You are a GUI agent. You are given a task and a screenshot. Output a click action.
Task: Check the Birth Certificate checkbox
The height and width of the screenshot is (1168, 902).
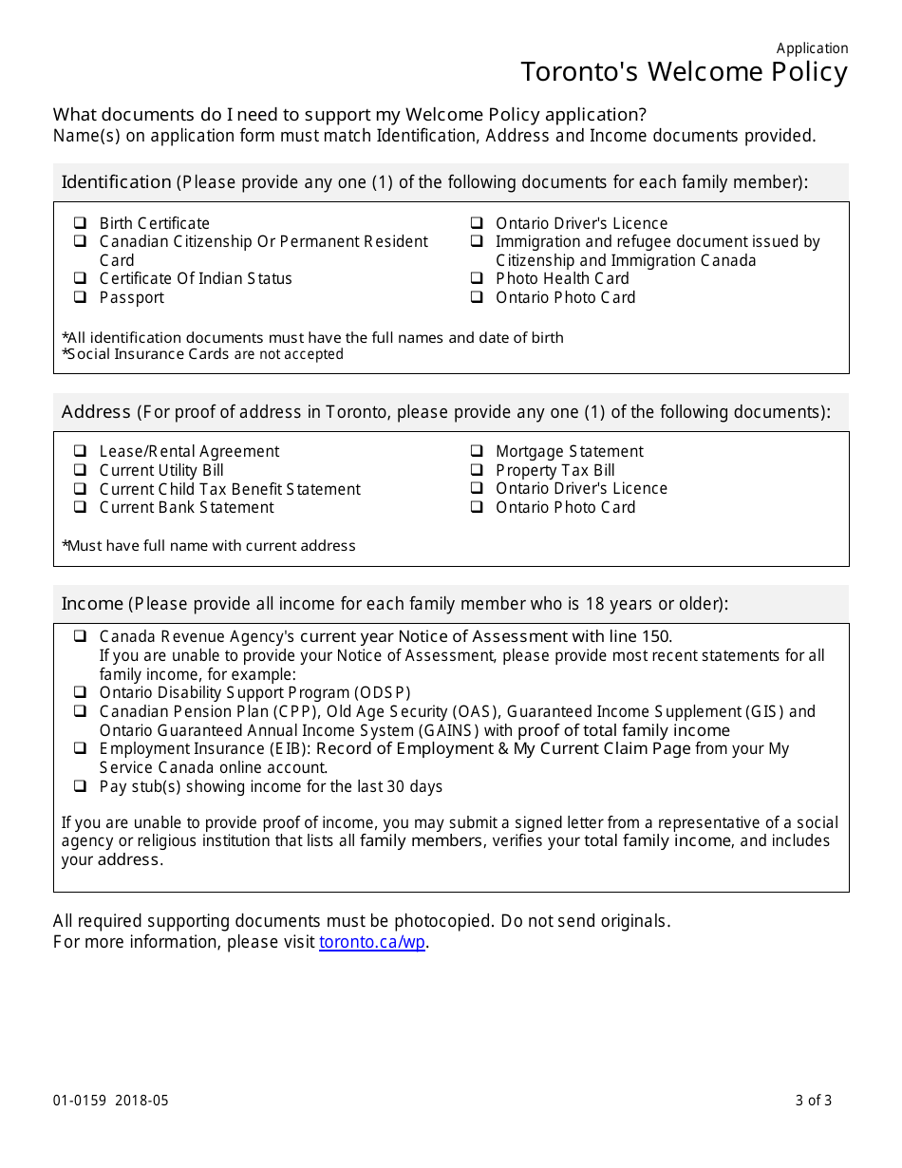(81, 223)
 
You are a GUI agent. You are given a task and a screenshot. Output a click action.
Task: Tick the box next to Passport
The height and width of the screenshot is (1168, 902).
(81, 297)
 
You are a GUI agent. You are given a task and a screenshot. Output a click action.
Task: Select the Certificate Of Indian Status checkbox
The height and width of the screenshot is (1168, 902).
(81, 278)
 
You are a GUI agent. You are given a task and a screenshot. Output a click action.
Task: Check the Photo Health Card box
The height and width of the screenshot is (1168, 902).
(477, 278)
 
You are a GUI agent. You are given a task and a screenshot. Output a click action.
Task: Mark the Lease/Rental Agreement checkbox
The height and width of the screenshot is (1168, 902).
(81, 451)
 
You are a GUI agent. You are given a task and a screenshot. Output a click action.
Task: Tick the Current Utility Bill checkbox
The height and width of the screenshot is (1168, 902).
(81, 470)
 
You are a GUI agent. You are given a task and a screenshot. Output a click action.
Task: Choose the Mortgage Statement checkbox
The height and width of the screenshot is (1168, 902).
(477, 451)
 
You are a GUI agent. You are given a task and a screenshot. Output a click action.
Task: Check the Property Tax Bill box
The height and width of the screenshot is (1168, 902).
(477, 470)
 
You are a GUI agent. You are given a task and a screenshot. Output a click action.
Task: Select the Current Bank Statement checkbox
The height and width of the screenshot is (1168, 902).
(81, 507)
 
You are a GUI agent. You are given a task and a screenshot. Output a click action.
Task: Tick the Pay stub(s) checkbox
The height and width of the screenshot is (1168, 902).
(81, 786)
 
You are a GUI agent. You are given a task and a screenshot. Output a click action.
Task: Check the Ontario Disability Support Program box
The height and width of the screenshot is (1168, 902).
(81, 692)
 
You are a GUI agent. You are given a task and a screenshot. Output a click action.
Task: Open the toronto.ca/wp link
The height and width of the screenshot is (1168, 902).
(372, 942)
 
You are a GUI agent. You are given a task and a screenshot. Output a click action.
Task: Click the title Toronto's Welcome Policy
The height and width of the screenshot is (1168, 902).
(684, 72)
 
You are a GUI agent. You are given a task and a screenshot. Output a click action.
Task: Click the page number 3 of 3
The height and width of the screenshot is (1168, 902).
(814, 1101)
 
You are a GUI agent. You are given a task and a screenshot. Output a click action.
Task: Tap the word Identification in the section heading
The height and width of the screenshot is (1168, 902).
(116, 181)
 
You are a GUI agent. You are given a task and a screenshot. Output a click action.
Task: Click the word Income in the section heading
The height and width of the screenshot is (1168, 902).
(92, 603)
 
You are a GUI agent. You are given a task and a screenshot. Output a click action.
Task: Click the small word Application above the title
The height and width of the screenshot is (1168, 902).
(812, 48)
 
